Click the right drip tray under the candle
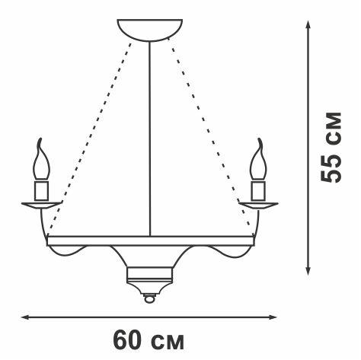[x=259, y=203]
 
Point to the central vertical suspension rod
[x=150, y=137]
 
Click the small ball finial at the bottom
[x=150, y=299]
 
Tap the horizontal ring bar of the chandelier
[x=150, y=240]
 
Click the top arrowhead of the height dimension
[x=308, y=25]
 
